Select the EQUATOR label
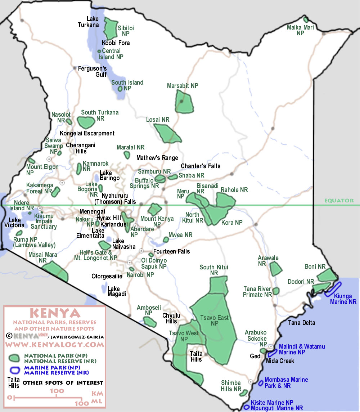point(338,201)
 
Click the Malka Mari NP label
point(300,30)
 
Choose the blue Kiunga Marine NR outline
point(333,289)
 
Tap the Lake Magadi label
point(117,291)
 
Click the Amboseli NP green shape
point(150,321)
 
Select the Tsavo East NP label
point(215,321)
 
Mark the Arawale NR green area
point(276,269)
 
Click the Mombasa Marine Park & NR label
point(286,383)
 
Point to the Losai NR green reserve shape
point(167,133)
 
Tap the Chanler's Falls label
point(201,166)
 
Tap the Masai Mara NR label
point(42,257)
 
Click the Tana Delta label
point(301,323)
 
